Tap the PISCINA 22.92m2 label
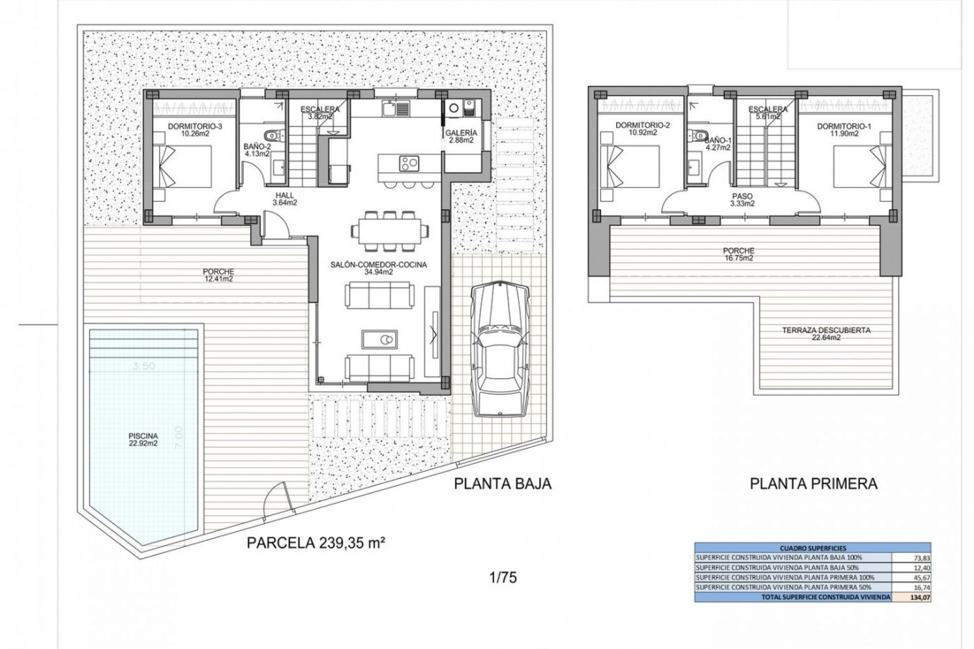[144, 439]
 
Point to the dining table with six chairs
[389, 231]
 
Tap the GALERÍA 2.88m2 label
[461, 136]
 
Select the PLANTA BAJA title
[502, 483]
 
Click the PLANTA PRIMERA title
[813, 483]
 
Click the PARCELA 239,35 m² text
[314, 543]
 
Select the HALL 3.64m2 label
[285, 199]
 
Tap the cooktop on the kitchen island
[409, 163]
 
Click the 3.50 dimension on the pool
[144, 366]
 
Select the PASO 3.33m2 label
[742, 200]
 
